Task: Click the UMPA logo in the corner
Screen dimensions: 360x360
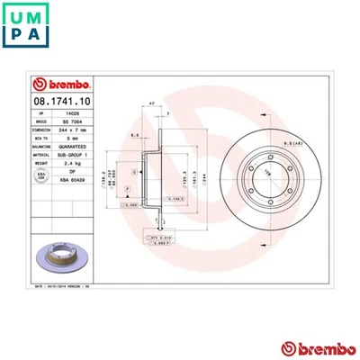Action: [x=28, y=28]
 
